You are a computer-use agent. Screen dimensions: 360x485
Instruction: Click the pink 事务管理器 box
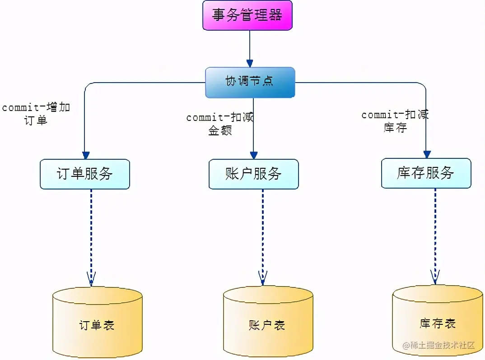pos(247,15)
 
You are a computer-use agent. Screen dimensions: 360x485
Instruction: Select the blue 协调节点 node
pos(250,82)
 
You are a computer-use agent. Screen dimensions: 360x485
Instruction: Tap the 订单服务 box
pos(85,174)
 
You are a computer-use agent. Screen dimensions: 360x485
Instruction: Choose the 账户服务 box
pos(253,174)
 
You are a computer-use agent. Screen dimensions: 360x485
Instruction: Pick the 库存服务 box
pos(426,173)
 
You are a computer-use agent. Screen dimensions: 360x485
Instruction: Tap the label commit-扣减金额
pos(220,124)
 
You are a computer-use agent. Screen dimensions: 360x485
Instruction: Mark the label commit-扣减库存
pos(395,121)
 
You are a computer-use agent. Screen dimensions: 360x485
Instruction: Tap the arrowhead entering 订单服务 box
pos(86,155)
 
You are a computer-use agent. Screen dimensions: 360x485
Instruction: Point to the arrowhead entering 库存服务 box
pos(427,154)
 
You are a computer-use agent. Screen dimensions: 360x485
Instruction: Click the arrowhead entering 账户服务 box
pos(254,155)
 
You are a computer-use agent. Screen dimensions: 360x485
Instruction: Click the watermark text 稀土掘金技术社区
pos(438,345)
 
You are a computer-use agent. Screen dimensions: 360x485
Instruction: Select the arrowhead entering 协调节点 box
pos(249,63)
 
